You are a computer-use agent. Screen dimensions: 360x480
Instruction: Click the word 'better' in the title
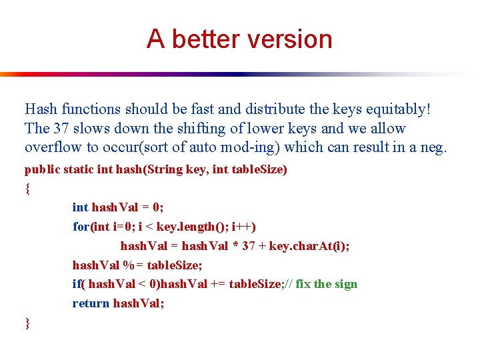pos(199,39)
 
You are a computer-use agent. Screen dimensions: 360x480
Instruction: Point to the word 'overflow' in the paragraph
pos(49,146)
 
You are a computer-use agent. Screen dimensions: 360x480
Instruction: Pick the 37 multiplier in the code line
pos(249,246)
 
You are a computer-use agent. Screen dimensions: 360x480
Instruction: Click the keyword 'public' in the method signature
pos(41,169)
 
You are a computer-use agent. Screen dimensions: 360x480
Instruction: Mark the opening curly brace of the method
pos(27,189)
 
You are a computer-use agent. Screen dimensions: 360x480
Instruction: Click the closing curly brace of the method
pos(27,323)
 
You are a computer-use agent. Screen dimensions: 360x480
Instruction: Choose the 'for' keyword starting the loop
pos(81,227)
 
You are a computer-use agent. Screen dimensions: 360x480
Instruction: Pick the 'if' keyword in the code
pos(77,284)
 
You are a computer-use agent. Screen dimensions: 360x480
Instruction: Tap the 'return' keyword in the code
pos(91,303)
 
